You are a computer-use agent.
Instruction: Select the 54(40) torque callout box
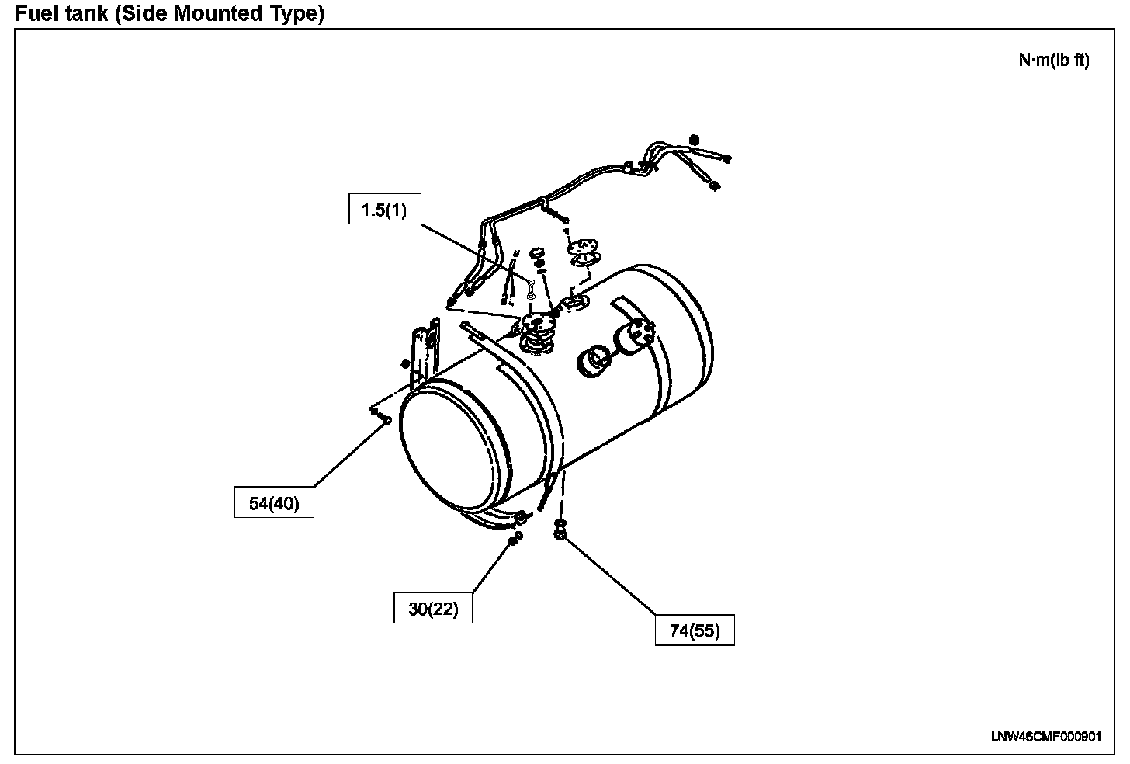[x=274, y=503]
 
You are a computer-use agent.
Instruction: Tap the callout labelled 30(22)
[x=433, y=609]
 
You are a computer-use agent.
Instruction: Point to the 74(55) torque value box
[x=695, y=630]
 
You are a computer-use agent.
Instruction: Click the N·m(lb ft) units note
[x=1053, y=61]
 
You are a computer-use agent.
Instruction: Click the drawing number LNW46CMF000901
[x=1045, y=737]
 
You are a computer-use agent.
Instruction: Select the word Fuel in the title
[x=33, y=13]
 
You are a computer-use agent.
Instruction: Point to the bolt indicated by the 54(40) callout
[x=384, y=419]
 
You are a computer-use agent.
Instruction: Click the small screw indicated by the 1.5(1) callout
[x=530, y=283]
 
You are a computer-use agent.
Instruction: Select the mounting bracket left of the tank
[x=423, y=353]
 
